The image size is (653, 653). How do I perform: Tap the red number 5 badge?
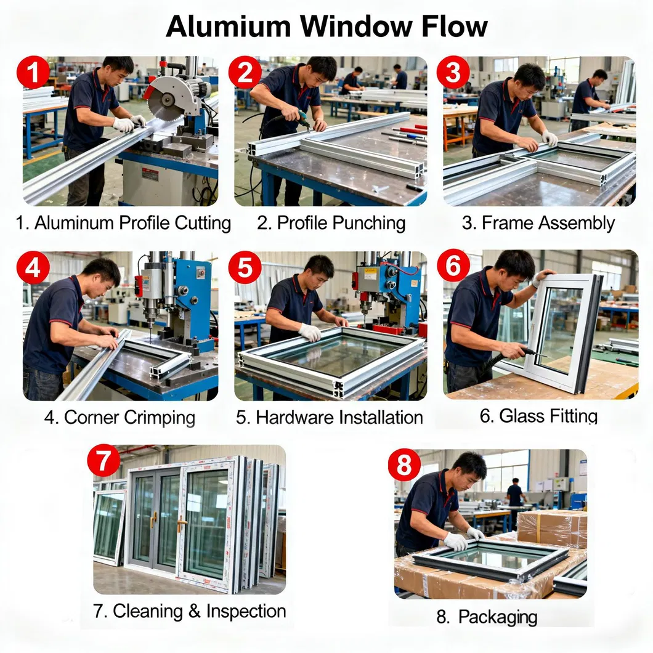pyautogui.click(x=245, y=269)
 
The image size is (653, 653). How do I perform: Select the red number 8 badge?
pyautogui.click(x=404, y=465)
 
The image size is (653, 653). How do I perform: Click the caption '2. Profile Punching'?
pyautogui.click(x=331, y=222)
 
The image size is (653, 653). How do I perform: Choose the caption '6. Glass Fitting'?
pyautogui.click(x=538, y=416)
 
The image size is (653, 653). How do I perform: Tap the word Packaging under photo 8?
pyautogui.click(x=498, y=616)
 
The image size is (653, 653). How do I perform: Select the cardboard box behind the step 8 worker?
pyautogui.click(x=551, y=528)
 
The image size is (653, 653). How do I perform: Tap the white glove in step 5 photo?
pyautogui.click(x=310, y=332)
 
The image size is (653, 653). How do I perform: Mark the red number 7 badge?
pyautogui.click(x=104, y=461)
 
